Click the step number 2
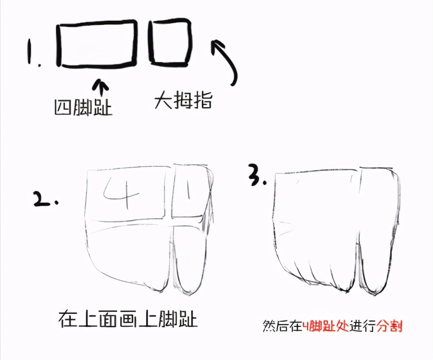[46, 199]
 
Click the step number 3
[257, 175]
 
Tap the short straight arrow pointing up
[100, 87]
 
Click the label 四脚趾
[83, 107]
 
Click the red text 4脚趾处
[325, 326]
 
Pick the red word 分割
[389, 326]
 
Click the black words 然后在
[282, 326]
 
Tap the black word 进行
[363, 326]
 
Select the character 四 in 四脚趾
[62, 107]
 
